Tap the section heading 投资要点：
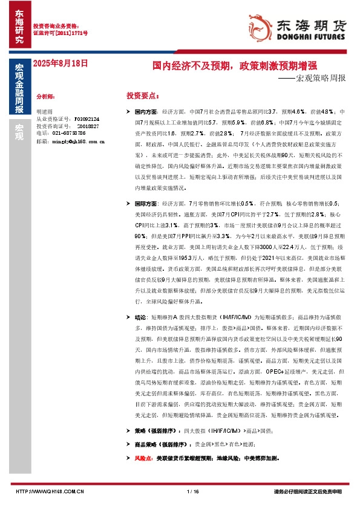[143, 96]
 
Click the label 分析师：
[46, 96]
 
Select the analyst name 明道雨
[45, 112]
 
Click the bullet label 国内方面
[146, 112]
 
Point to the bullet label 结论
[140, 316]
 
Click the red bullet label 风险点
[143, 459]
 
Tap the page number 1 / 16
[194, 491]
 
